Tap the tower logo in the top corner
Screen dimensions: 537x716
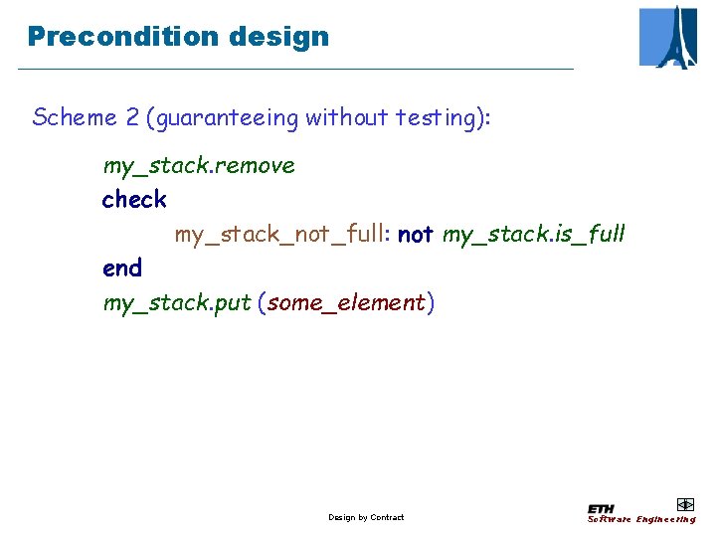click(x=668, y=37)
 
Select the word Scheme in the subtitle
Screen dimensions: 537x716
click(x=75, y=117)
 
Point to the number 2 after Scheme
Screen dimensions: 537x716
click(x=132, y=117)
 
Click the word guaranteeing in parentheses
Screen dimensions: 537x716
click(x=225, y=117)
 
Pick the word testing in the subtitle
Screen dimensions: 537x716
click(x=438, y=117)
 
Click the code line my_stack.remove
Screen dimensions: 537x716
click(x=199, y=165)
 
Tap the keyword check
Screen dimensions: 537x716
click(x=134, y=199)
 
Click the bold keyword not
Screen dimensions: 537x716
click(x=415, y=235)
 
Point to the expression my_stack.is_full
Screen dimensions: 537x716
click(x=533, y=235)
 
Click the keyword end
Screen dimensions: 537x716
click(x=122, y=268)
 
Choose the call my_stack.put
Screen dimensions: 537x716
click(x=176, y=303)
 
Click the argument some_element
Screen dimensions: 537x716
click(x=346, y=303)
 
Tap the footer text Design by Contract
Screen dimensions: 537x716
click(x=366, y=517)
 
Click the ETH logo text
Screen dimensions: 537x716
click(x=601, y=508)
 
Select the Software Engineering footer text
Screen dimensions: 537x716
click(x=641, y=519)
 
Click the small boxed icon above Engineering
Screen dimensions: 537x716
click(x=684, y=504)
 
